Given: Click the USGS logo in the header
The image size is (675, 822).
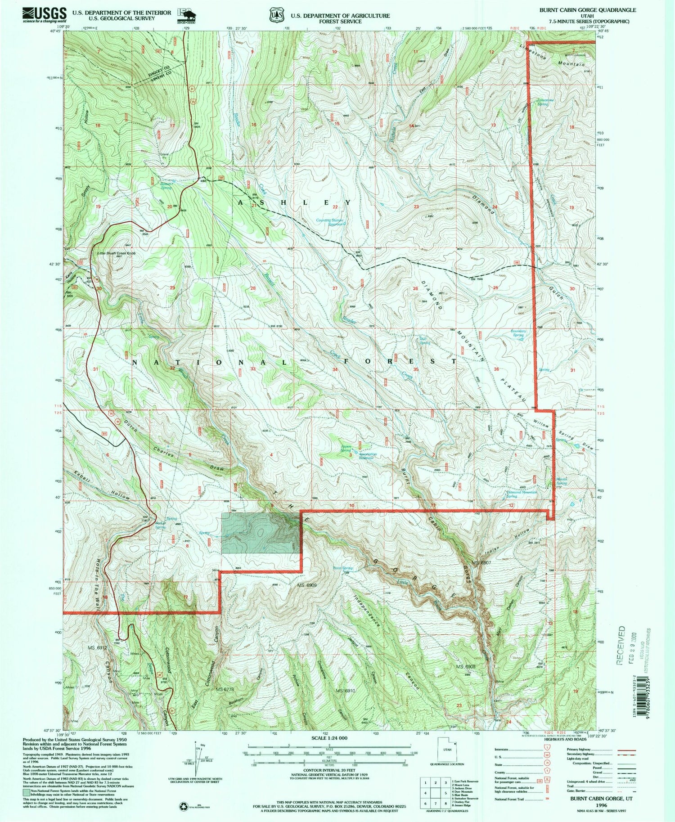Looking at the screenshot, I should pos(44,14).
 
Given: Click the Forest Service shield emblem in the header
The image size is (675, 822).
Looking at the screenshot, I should pos(274,15).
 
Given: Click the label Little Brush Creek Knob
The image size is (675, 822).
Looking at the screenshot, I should pos(117,253).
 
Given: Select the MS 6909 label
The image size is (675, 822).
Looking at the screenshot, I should pos(307,585).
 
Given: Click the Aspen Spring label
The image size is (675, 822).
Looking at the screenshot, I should pos(346,448).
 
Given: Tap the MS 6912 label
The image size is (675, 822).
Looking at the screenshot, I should pos(98,648).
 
